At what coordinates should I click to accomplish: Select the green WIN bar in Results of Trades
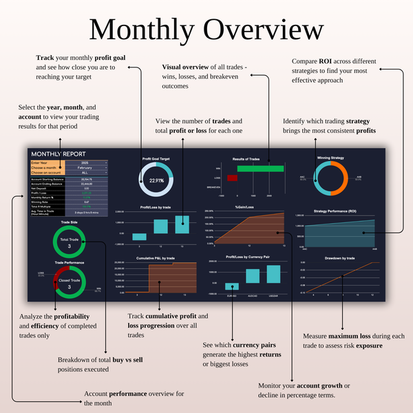(x=260, y=168)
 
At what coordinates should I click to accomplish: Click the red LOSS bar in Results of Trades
(x=232, y=178)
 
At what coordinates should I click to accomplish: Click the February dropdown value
(x=85, y=167)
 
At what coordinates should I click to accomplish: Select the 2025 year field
(x=85, y=162)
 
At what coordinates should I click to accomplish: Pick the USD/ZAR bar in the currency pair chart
(x=272, y=275)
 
